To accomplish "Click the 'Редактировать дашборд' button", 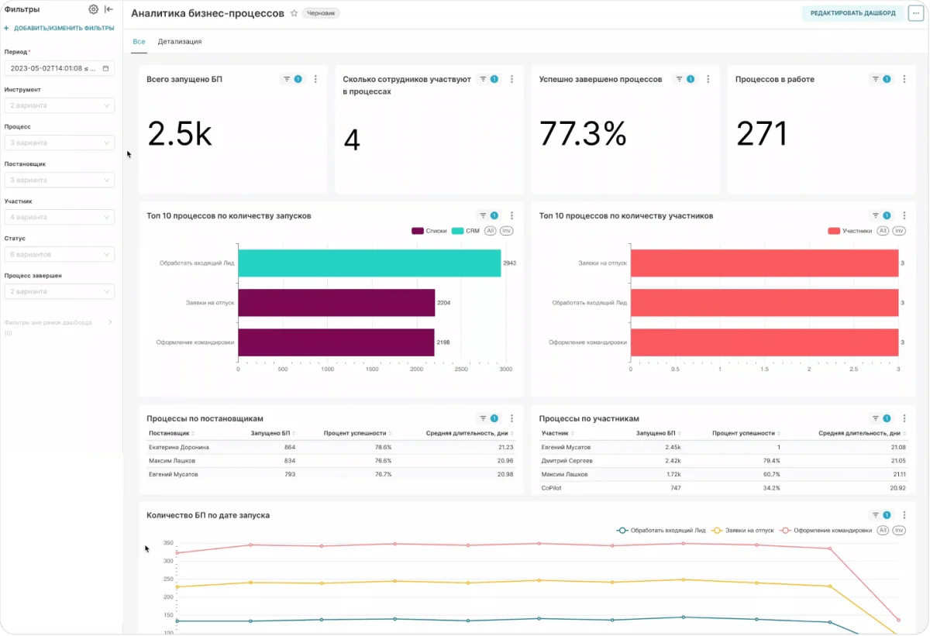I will pos(852,13).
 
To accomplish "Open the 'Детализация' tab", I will pos(180,42).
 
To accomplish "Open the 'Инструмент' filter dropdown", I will pos(59,105).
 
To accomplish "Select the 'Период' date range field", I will pos(59,68).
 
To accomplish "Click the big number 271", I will pos(761,134).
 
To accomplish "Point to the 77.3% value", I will pos(582,134).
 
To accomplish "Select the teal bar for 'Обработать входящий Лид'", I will pos(369,263).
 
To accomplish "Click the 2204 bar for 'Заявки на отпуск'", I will pos(336,303).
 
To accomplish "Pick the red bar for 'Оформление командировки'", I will pos(764,342).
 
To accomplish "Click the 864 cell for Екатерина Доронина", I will pos(290,447).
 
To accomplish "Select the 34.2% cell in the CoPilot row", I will pos(771,488).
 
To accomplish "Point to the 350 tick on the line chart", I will pos(167,543).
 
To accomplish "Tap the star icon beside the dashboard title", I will pos(294,13).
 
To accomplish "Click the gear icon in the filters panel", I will pos(93,9).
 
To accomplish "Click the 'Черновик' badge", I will pos(321,13).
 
